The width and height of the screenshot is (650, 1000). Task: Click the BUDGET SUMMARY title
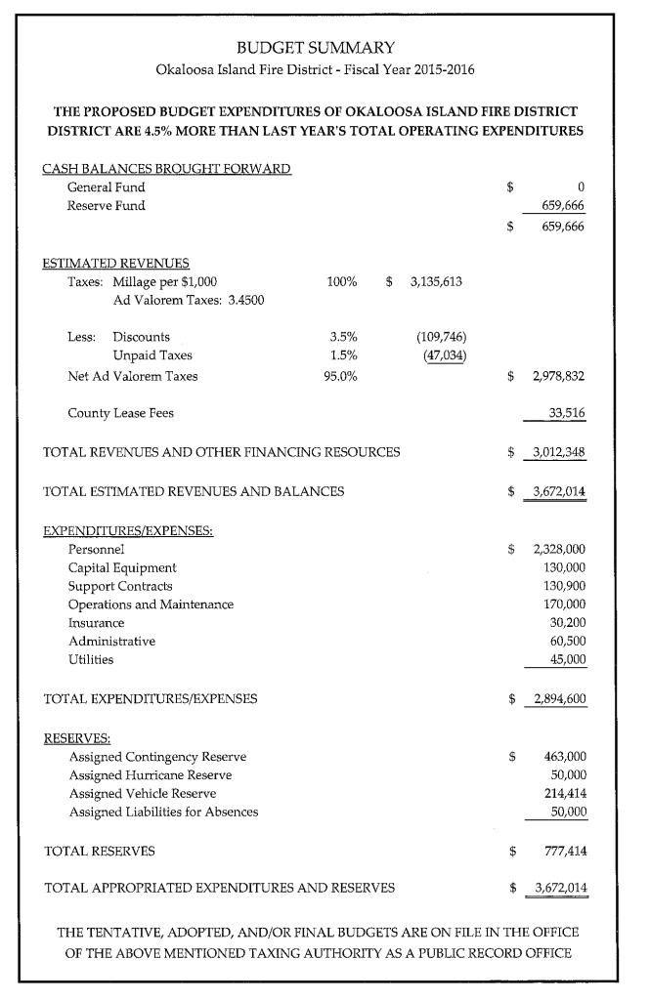click(x=314, y=47)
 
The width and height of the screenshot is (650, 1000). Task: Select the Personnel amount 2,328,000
click(x=558, y=549)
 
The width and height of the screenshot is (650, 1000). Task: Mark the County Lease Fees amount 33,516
click(x=567, y=413)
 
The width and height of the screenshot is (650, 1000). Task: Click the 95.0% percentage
click(x=339, y=376)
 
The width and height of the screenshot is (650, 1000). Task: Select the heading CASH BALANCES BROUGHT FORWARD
click(x=166, y=168)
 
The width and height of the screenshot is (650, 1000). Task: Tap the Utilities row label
click(x=91, y=659)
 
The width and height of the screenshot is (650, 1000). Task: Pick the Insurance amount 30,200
click(x=567, y=622)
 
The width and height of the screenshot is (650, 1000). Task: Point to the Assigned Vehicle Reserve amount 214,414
click(x=564, y=793)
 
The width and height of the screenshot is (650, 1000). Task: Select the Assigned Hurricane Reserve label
click(x=151, y=774)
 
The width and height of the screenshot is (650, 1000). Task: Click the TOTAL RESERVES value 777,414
click(x=564, y=851)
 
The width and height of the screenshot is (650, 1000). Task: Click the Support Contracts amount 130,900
click(x=564, y=586)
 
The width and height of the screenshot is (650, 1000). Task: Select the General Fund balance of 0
click(x=581, y=187)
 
